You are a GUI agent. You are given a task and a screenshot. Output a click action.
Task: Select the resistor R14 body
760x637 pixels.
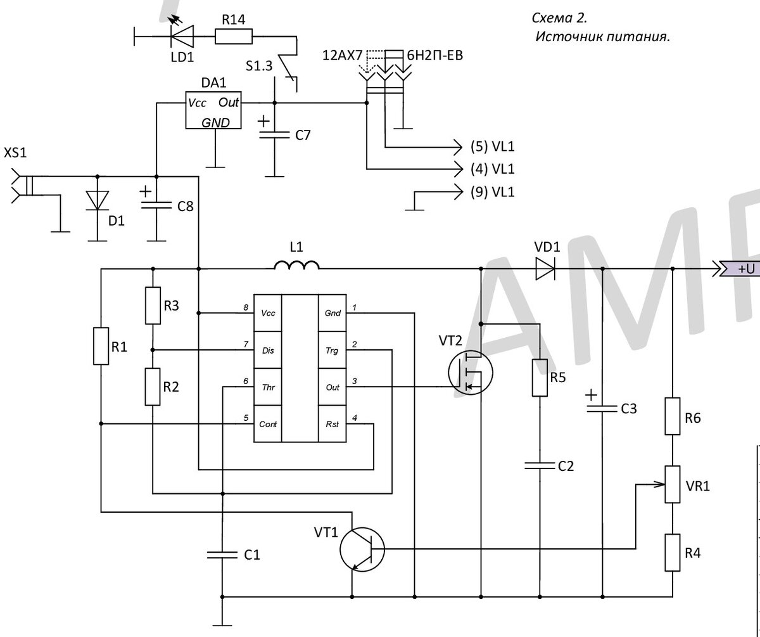[233, 37]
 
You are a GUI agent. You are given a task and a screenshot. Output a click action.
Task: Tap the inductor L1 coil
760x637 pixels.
[296, 265]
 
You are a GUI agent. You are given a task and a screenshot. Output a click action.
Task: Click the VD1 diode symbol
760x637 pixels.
[545, 269]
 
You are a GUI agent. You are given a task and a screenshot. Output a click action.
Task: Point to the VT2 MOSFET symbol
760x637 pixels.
[471, 373]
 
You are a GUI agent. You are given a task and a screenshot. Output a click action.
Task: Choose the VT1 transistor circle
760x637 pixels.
[362, 550]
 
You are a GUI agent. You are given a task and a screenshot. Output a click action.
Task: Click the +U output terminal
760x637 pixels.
[740, 269]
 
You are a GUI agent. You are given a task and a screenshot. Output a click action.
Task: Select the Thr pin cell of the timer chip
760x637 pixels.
[268, 387]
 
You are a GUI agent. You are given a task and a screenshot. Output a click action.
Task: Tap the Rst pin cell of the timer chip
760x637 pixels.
[332, 423]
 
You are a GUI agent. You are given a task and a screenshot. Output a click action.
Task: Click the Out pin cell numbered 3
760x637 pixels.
[332, 387]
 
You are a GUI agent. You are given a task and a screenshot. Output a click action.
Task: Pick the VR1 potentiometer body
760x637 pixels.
[672, 484]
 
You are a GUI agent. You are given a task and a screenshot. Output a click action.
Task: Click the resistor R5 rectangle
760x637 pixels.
[540, 378]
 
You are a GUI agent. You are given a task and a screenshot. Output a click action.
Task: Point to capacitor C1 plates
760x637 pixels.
[222, 555]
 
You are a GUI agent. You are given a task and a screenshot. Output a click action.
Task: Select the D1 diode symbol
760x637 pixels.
[97, 201]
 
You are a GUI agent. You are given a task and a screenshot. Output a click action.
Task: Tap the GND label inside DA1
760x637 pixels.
[215, 122]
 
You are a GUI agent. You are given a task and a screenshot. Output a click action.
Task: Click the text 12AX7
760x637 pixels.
[343, 55]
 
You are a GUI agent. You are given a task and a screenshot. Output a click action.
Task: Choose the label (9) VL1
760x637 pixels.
[493, 192]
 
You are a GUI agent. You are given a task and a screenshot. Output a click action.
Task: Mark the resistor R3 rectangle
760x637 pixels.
[153, 306]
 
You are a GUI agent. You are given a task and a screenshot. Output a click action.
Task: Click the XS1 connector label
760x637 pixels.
[15, 153]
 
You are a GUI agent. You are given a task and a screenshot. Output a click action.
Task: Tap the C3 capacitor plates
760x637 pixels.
[602, 409]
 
